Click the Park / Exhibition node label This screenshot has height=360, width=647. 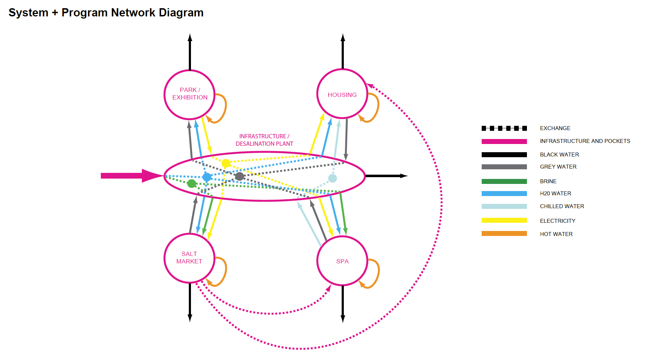click(190, 94)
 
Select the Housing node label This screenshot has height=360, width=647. click(342, 95)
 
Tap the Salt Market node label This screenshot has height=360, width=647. click(189, 257)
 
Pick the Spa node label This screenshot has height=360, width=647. click(342, 261)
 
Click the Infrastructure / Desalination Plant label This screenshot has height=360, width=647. click(264, 140)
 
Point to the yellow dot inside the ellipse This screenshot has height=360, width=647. click(226, 163)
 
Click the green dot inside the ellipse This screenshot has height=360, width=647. click(192, 184)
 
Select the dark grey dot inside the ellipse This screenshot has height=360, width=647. click(239, 176)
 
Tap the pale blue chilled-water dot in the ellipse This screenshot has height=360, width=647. click(332, 178)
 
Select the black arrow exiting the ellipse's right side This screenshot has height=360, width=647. click(386, 176)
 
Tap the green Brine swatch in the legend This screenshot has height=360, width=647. click(504, 181)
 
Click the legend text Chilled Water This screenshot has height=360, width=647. click(562, 206)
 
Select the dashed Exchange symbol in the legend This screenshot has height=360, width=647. click(504, 128)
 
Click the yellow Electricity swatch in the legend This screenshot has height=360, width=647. click(504, 221)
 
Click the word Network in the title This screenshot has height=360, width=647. click(133, 12)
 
